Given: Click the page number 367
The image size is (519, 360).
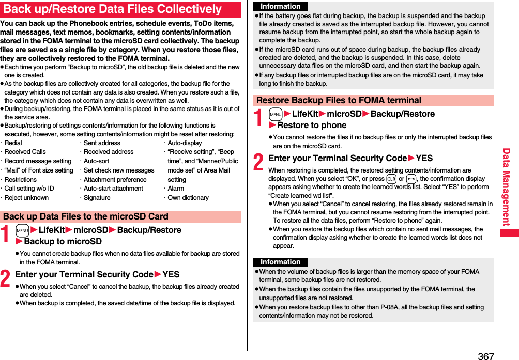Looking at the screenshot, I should click(485, 355).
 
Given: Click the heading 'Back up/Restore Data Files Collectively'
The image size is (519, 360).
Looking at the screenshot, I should click(113, 9).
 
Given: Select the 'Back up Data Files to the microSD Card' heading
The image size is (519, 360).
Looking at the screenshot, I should click(85, 216).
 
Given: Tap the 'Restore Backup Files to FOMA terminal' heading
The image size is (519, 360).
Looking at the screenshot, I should click(339, 100).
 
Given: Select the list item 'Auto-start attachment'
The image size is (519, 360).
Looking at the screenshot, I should click(113, 189).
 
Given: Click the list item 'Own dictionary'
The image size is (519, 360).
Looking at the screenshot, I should click(188, 198).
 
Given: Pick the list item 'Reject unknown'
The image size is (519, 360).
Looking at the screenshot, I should click(26, 198).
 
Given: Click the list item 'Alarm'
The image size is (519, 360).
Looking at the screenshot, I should click(176, 189).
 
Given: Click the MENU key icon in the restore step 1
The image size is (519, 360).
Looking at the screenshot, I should click(276, 114).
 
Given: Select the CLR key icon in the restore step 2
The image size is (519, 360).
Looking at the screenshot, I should click(391, 179).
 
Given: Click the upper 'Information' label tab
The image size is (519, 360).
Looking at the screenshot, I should click(280, 6).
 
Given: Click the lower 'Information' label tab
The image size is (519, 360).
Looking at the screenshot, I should click(280, 262).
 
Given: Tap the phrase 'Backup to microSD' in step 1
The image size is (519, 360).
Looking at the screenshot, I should click(63, 241).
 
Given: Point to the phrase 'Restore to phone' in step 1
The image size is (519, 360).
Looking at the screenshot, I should click(312, 125).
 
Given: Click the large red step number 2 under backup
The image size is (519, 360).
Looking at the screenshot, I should click(6, 278).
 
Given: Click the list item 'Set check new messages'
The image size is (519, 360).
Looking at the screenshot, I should click(119, 170).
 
